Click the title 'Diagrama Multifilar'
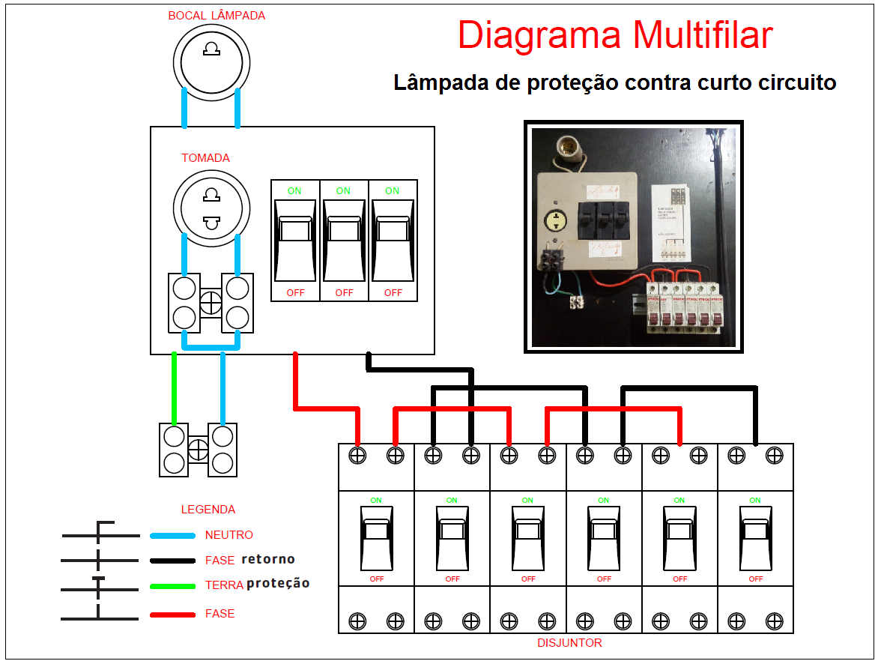pyautogui.click(x=614, y=35)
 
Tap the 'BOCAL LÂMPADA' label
pyautogui.click(x=217, y=15)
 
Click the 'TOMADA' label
pyautogui.click(x=205, y=158)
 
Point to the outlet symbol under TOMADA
pyautogui.click(x=211, y=208)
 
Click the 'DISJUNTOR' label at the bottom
pyautogui.click(x=569, y=643)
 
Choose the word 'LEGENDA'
pyautogui.click(x=208, y=510)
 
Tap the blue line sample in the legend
pyautogui.click(x=172, y=536)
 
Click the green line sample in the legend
pyautogui.click(x=172, y=586)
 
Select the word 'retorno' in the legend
pyautogui.click(x=268, y=559)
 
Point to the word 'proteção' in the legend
pyautogui.click(x=278, y=583)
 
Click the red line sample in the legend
pyautogui.click(x=172, y=615)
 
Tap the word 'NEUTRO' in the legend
pyautogui.click(x=229, y=535)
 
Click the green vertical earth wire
pyautogui.click(x=175, y=387)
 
